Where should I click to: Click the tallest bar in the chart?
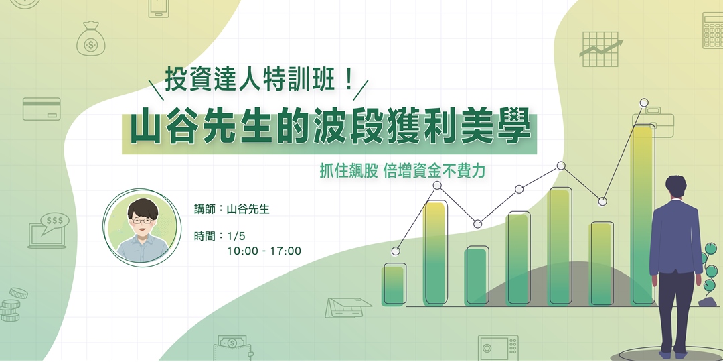tap(644, 215)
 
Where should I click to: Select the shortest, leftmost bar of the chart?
tap(394, 285)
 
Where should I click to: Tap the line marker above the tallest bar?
tap(644, 103)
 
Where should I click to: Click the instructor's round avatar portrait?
tap(142, 228)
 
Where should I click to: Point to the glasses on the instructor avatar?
tap(141, 221)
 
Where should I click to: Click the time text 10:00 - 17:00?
tap(264, 251)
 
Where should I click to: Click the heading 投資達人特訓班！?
tap(260, 80)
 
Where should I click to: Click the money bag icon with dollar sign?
tap(91, 39)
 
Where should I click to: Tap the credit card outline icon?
tap(42, 109)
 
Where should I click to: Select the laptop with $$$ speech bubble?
tap(48, 230)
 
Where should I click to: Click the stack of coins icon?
tap(13, 305)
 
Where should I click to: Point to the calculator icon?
tap(713, 30)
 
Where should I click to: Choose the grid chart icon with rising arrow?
tap(600, 49)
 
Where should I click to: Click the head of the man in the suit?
tap(676, 186)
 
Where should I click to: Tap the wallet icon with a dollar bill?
tap(234, 349)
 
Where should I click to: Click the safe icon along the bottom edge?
tap(498, 348)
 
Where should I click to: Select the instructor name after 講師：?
tap(248, 209)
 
